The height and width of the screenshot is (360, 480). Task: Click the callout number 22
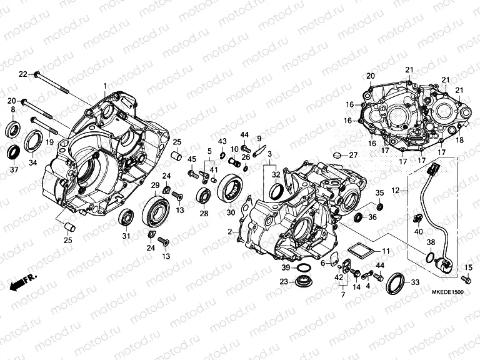coord(22,74)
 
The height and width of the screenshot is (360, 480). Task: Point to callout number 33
coord(415,283)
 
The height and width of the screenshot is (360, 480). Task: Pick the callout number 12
coord(395,189)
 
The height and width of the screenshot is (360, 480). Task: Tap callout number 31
coord(126,236)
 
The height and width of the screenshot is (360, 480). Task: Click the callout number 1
coord(105,85)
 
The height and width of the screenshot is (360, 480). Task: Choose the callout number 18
coord(460,141)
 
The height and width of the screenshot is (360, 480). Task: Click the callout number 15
coord(469,268)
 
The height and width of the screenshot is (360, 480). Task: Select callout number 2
coord(230,232)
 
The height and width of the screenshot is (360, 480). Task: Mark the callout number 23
coord(283,282)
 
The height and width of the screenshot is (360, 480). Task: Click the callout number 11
coord(386,251)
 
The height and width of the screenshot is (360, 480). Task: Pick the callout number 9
coord(259,138)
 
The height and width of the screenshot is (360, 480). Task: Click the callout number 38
coord(431,241)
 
